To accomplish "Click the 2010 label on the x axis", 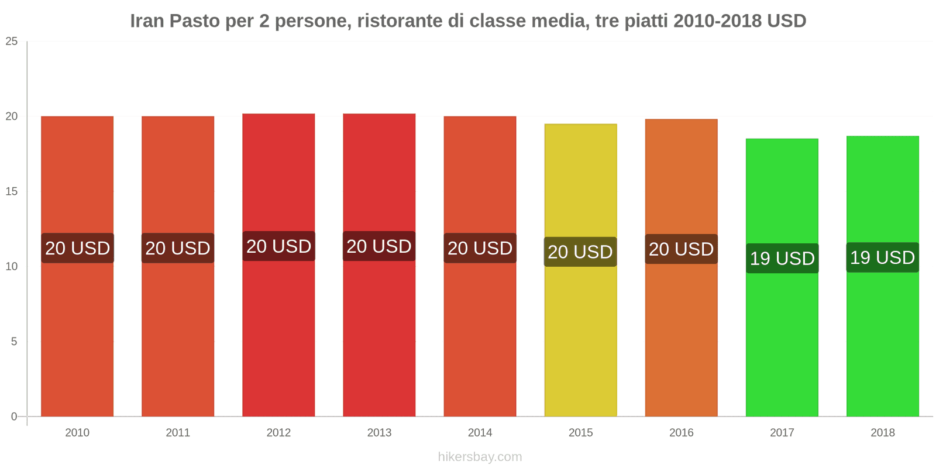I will click(77, 433).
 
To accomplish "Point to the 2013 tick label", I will click(379, 433).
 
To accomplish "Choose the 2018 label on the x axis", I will click(882, 433).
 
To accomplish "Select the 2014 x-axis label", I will click(480, 433).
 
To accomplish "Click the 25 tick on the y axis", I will click(12, 42).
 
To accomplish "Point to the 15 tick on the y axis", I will click(12, 192).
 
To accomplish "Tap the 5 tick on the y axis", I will click(14, 342).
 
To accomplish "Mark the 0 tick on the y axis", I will click(14, 417).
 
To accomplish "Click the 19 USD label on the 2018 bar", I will click(882, 257).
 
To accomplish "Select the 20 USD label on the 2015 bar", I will click(580, 252).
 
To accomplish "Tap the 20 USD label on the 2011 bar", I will click(178, 248).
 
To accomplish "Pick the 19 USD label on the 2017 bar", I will click(782, 258).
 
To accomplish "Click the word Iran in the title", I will click(147, 21).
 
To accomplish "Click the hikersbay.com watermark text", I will click(480, 457).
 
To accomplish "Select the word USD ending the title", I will click(787, 21).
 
